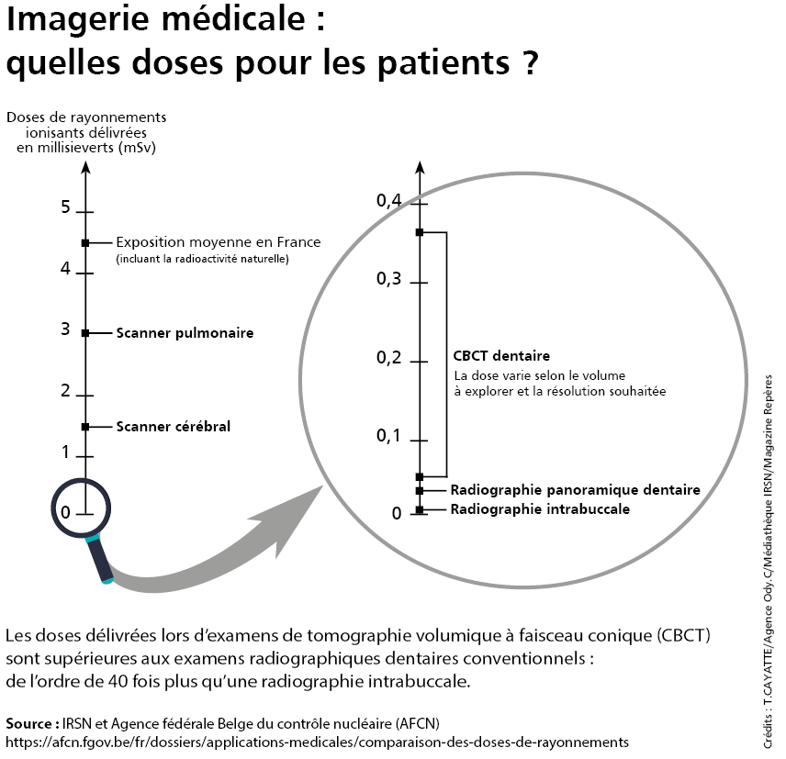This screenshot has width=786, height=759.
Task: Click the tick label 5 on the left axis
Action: (65, 206)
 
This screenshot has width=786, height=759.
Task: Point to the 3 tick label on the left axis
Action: (65, 329)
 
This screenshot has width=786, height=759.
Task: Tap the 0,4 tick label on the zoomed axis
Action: (389, 200)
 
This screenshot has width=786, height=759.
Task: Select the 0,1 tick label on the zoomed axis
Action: (389, 436)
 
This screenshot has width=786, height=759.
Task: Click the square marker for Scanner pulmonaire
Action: (85, 333)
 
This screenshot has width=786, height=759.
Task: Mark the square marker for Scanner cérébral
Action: (85, 427)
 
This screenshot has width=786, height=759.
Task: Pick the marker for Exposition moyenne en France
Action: (85, 242)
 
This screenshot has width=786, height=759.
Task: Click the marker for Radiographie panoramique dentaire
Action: (420, 491)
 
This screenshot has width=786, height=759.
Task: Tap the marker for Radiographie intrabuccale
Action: (420, 509)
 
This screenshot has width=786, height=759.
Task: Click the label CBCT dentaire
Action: (501, 356)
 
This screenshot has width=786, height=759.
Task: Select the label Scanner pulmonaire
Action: (185, 333)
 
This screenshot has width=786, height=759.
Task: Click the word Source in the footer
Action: (31, 722)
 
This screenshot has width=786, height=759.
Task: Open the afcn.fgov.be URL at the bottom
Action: (317, 741)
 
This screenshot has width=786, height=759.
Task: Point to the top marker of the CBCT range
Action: (420, 232)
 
